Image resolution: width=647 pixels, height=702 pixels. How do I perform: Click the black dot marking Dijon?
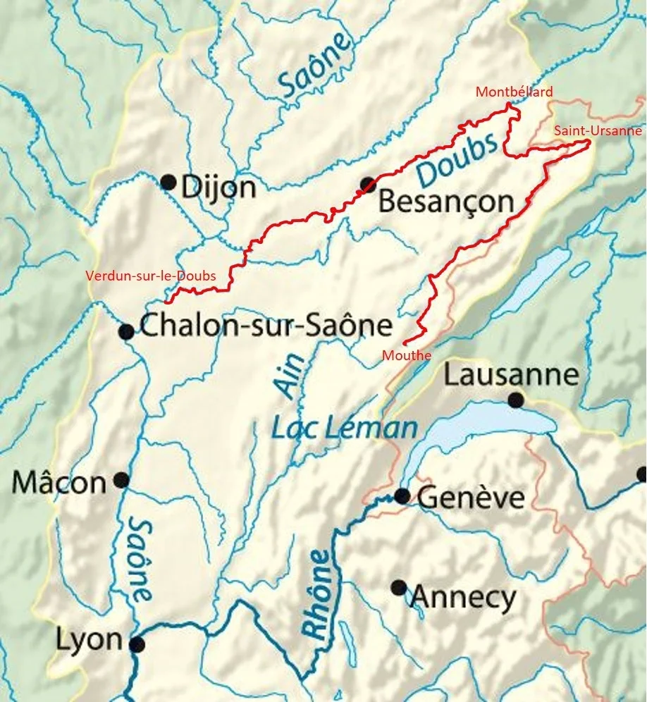click(x=168, y=183)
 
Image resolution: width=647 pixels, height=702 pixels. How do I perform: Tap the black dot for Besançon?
click(x=367, y=185)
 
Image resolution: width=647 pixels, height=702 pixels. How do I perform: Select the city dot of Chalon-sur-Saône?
click(x=127, y=332)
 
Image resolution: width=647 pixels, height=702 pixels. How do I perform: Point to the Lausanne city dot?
click(x=516, y=400)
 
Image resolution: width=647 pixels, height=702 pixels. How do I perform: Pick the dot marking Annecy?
click(x=399, y=587)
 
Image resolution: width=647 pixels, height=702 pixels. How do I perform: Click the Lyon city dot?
click(x=137, y=644)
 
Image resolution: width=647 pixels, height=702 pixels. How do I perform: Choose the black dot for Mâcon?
click(x=121, y=480)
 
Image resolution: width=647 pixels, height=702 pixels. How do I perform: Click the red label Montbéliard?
click(x=514, y=92)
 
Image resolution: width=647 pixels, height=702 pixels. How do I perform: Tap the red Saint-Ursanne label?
click(x=598, y=130)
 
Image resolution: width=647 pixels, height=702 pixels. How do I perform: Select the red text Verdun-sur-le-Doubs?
click(x=150, y=276)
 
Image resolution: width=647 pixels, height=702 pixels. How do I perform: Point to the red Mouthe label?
click(x=406, y=355)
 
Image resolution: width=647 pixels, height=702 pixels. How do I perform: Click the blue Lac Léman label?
click(x=345, y=429)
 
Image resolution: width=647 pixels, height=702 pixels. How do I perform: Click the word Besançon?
click(x=446, y=202)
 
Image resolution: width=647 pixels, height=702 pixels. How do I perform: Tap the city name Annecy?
click(x=463, y=598)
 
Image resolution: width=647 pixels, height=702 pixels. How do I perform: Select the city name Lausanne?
click(x=511, y=375)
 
